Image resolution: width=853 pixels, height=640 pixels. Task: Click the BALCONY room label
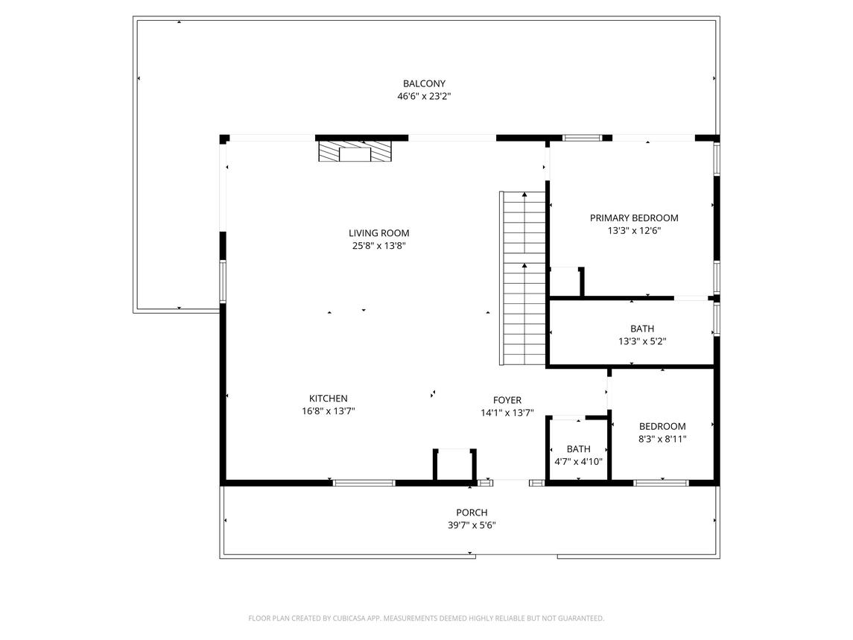pos(424,83)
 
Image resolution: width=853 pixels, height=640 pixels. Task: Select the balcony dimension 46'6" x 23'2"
pos(424,96)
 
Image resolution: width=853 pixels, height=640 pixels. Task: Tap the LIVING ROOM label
pos(378,233)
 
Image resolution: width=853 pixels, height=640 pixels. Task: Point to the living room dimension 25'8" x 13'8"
pos(378,246)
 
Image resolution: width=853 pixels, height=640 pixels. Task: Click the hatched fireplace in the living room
pos(355,153)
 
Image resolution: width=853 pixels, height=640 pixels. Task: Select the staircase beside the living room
pos(524,277)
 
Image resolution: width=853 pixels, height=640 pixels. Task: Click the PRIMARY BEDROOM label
pos(634,218)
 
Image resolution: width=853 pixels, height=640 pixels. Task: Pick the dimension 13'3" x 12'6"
pos(634,231)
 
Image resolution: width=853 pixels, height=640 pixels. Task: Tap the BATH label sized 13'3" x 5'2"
pos(641,329)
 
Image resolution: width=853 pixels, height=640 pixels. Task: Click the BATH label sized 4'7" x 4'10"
pos(578,449)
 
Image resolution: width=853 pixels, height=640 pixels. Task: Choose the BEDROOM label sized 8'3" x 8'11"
pos(662,426)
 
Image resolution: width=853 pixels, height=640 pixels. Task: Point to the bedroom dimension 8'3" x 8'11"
pos(662,439)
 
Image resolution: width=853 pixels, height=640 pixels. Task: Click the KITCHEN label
pos(328,399)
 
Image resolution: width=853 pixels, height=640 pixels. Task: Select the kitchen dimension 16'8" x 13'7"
pos(328,411)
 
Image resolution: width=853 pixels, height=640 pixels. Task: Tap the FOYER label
pos(507,400)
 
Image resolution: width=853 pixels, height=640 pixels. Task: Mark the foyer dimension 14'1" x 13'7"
pos(507,413)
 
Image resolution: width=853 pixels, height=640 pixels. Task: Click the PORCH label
pos(472,512)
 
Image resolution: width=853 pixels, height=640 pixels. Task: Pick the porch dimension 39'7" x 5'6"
pos(472,525)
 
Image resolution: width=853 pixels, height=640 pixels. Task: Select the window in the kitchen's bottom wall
pos(364,483)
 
